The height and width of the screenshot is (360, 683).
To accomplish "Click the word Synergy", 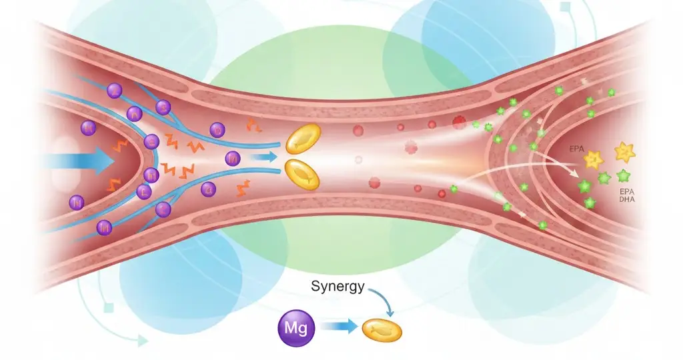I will coord(337,287).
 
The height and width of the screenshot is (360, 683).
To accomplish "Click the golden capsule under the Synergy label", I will coord(382,328).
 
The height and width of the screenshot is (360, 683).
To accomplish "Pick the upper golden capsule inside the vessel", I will coord(304,140).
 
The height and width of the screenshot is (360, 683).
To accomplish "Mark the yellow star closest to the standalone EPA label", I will coord(592,160).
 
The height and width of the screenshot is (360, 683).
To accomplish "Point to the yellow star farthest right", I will coord(625,153).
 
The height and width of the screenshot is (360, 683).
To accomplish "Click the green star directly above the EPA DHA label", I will coord(624,176).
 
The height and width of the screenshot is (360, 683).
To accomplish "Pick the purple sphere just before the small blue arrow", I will coord(233,158).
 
